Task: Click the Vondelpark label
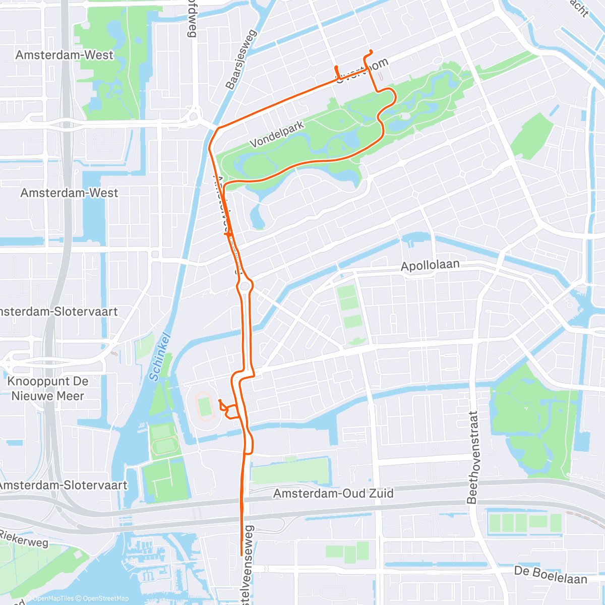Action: click(x=277, y=134)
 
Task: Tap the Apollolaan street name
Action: click(x=430, y=266)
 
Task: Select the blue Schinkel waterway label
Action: click(x=161, y=357)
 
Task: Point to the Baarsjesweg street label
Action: click(x=241, y=59)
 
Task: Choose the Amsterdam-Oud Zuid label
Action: click(x=333, y=493)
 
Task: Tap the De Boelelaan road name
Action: click(x=551, y=575)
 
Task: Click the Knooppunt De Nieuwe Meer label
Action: click(x=48, y=388)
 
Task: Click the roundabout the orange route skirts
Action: click(x=246, y=286)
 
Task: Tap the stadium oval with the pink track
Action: click(x=205, y=406)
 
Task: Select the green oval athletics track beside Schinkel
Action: click(x=163, y=446)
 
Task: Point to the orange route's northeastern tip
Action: click(x=372, y=51)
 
